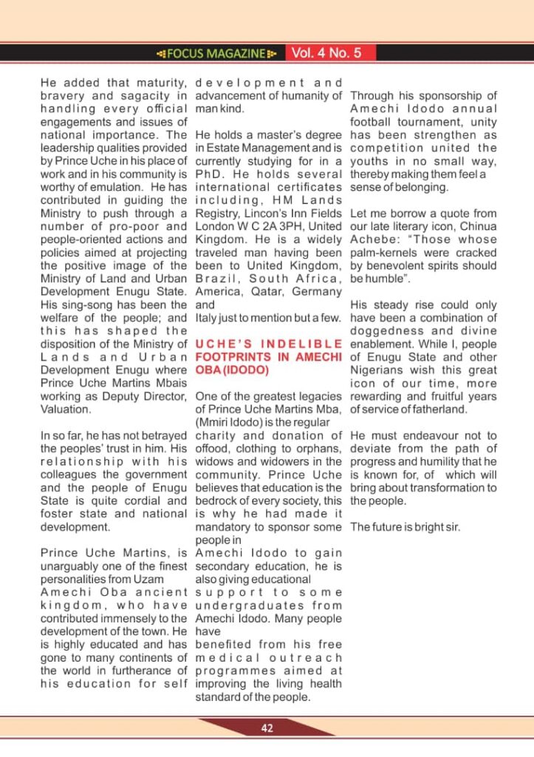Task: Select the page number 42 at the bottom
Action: pos(267,728)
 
